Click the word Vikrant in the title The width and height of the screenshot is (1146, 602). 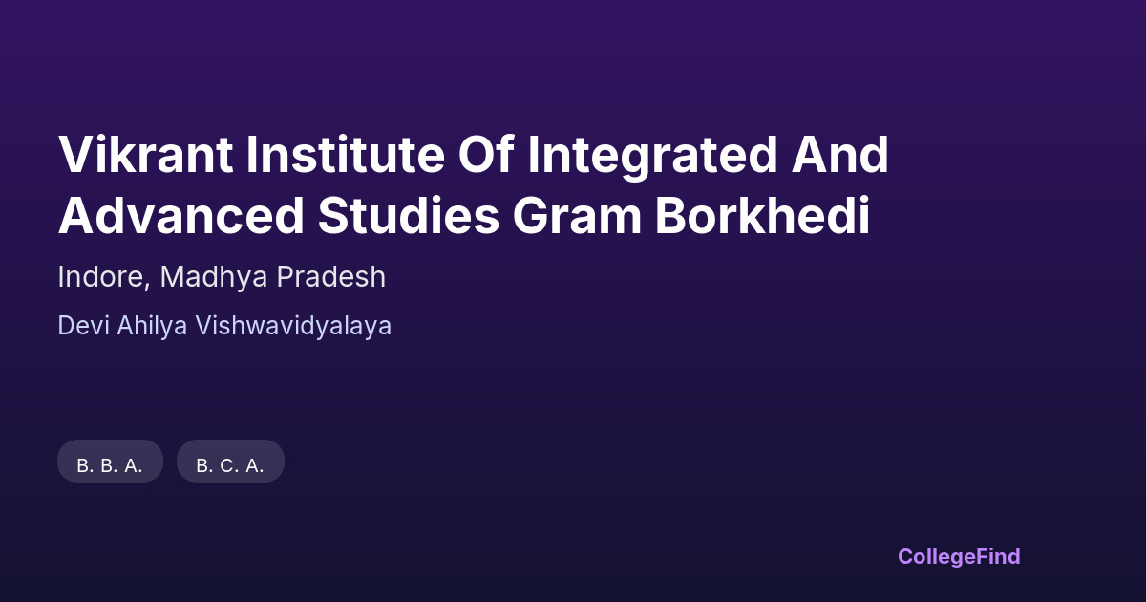[x=146, y=154]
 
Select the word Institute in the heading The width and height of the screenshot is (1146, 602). [x=346, y=154]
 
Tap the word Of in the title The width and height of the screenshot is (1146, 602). [x=486, y=154]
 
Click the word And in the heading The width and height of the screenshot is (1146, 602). [x=840, y=154]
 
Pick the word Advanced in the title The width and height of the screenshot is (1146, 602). [x=181, y=215]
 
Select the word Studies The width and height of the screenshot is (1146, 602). [x=409, y=215]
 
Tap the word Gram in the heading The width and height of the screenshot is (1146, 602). [x=577, y=215]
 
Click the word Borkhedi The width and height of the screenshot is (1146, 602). [x=762, y=215]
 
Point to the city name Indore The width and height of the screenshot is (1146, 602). [x=101, y=276]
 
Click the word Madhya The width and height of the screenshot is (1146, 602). [x=214, y=276]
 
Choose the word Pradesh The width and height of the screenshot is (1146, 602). [x=331, y=276]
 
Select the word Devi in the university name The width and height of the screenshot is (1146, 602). [x=83, y=326]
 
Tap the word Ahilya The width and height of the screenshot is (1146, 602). [x=152, y=326]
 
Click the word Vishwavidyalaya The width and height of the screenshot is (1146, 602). [x=293, y=326]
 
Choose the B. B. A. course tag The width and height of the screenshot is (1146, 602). [x=110, y=462]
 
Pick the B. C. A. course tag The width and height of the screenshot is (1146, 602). [x=230, y=462]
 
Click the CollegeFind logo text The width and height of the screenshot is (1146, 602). [x=959, y=557]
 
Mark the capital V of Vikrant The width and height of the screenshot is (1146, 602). [x=76, y=154]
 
